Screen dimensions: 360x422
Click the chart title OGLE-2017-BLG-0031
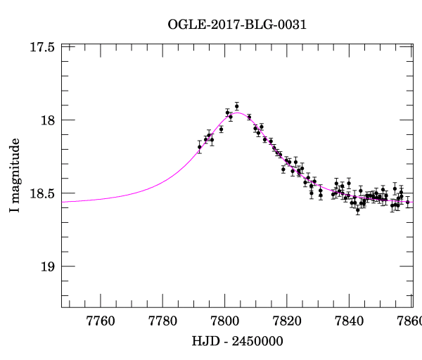click(x=237, y=25)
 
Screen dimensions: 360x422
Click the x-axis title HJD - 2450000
click(x=237, y=341)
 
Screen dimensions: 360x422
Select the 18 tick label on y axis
click(x=49, y=120)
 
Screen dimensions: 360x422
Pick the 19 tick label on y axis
click(x=49, y=266)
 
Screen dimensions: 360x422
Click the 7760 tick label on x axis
click(x=101, y=321)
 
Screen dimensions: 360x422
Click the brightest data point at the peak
click(x=237, y=105)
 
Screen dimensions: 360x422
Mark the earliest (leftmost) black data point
click(x=200, y=147)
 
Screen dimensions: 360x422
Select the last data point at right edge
click(x=408, y=202)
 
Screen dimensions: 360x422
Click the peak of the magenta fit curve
click(x=238, y=112)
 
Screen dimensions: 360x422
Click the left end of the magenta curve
click(x=63, y=202)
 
